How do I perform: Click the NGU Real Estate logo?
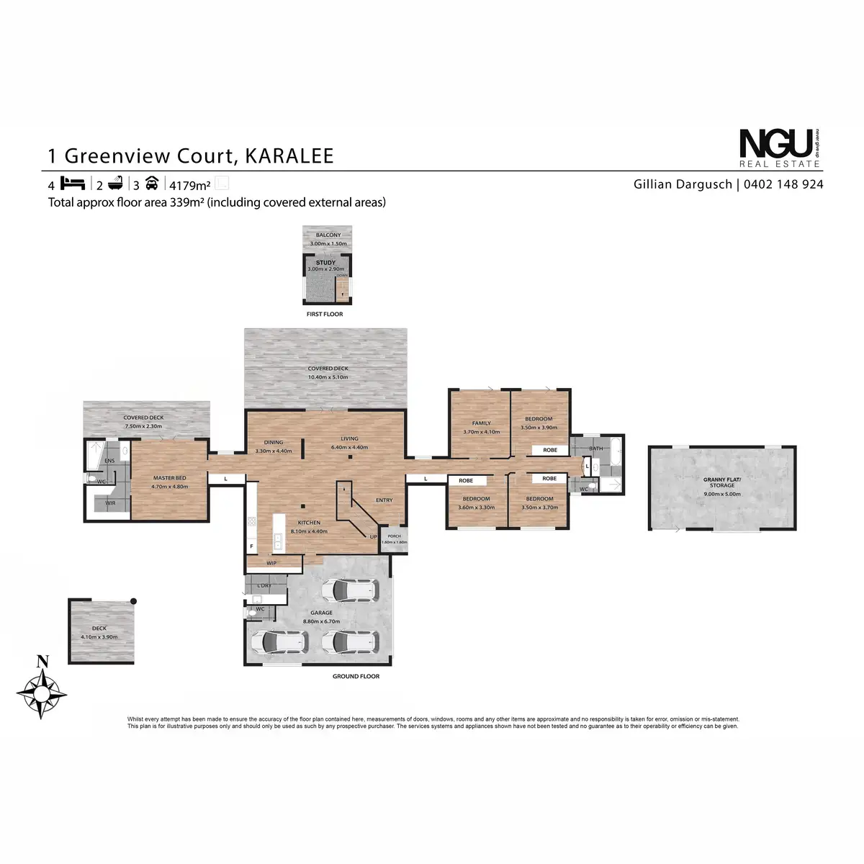coord(780,148)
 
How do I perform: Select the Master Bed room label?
coord(170,478)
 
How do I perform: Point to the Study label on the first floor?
coord(325,263)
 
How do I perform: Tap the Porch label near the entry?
coord(394,536)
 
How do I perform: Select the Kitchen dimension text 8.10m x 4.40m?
coord(310,531)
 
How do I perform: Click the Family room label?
coord(481,423)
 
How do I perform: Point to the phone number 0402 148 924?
coord(783,184)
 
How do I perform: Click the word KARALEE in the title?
coord(289,156)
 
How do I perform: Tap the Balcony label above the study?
coord(328,235)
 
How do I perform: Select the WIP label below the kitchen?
coord(271,563)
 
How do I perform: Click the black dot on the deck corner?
coord(133,600)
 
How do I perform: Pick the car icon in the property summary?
coord(151,183)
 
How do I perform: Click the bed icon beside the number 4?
coord(73,183)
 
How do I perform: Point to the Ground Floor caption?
coord(356,676)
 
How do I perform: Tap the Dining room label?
coord(274,442)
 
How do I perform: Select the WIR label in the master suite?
coord(110,503)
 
